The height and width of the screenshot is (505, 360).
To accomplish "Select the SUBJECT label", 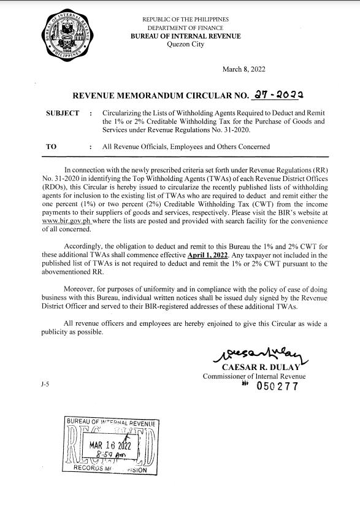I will point(63,114).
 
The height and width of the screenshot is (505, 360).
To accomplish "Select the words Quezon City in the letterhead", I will point(185,44).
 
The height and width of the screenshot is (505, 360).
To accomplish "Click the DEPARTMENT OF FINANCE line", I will point(185,28).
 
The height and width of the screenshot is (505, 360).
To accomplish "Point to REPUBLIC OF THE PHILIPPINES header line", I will point(185,20).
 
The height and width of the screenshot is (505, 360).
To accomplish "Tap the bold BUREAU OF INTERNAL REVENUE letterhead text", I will point(185,36).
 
